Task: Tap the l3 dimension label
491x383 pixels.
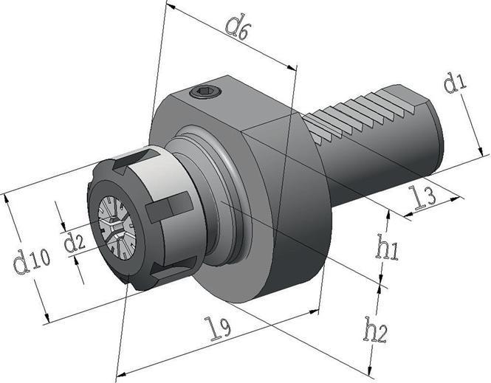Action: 423,198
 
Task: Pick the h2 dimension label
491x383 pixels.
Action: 376,329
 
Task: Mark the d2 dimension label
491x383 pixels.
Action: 75,241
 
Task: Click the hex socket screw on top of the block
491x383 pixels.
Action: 204,92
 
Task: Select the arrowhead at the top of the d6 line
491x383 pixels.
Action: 168,6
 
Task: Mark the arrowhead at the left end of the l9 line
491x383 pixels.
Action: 120,374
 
